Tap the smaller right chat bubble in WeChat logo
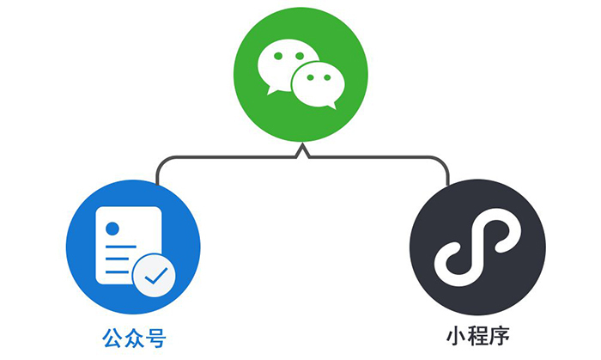(319, 83)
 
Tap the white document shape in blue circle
(120, 241)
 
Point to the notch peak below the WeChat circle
(301, 148)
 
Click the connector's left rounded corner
(161, 161)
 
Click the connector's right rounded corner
(443, 161)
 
